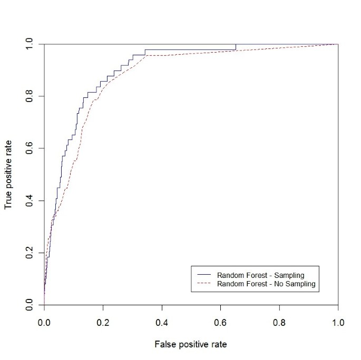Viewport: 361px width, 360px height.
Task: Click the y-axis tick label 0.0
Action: coord(29,305)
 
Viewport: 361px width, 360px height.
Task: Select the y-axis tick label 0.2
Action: coord(29,253)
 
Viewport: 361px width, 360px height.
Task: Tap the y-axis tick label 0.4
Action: coord(29,201)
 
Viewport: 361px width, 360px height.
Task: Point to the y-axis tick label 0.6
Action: coord(29,148)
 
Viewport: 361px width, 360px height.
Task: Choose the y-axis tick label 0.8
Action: coord(29,96)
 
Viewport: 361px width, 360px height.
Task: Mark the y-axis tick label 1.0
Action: coord(29,44)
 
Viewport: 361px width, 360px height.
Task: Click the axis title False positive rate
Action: coord(191,345)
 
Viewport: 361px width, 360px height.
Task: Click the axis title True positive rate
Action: coord(8,174)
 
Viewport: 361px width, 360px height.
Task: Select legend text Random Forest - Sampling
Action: coord(261,275)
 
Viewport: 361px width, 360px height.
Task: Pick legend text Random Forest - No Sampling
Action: coord(266,284)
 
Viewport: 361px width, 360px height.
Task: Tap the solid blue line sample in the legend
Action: coord(203,275)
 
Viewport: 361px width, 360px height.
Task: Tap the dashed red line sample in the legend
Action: coord(203,284)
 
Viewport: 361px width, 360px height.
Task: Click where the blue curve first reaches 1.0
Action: coord(236,44)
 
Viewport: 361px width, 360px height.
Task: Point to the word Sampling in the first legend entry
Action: coord(289,275)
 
